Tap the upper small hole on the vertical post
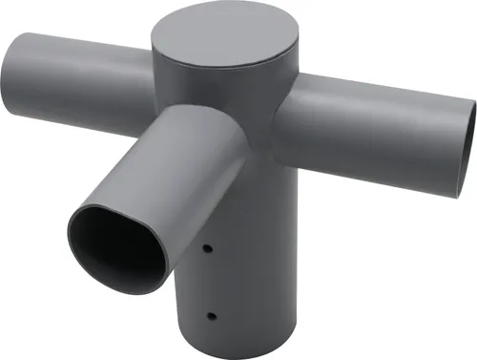pos(208,249)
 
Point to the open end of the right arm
pos(468,137)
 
